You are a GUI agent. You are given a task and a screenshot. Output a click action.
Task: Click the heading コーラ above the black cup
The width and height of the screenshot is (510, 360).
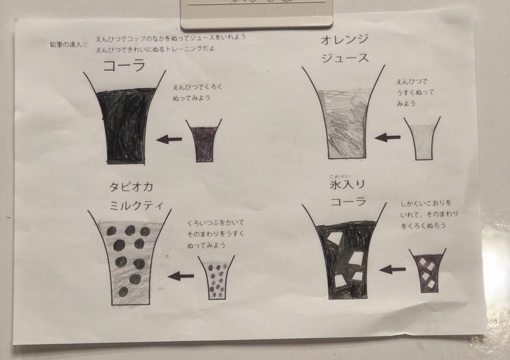[x=124, y=66]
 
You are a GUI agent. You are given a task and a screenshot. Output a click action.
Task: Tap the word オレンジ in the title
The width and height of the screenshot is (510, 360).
[x=345, y=40]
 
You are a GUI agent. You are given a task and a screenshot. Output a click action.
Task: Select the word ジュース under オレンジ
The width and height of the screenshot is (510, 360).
[x=345, y=58]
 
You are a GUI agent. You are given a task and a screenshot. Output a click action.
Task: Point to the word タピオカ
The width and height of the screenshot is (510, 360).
[x=131, y=187]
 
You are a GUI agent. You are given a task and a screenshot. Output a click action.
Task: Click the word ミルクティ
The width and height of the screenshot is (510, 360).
[x=136, y=206]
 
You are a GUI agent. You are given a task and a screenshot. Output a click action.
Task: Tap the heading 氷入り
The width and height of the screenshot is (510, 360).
[x=347, y=185]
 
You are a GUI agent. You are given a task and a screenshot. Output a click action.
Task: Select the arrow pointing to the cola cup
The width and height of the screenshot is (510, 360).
[x=169, y=139]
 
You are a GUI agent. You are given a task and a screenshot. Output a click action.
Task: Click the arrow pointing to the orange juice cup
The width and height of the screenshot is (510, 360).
[x=387, y=137]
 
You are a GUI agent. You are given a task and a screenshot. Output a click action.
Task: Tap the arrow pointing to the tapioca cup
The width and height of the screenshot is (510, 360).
[x=181, y=276]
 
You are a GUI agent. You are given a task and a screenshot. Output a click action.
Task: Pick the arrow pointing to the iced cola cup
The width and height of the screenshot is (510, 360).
[x=392, y=269]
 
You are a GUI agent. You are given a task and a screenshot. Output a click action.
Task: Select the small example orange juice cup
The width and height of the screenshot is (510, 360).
[x=422, y=138]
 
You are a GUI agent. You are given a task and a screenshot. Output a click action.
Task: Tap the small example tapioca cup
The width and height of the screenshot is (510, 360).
[x=216, y=277]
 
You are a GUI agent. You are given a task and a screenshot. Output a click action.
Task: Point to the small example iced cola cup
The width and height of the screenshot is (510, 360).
[x=427, y=270]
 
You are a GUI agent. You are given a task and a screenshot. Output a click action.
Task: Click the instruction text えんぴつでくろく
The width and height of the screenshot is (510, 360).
[x=197, y=87]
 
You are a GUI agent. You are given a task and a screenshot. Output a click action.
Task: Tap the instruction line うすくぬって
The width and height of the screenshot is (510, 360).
[x=415, y=93]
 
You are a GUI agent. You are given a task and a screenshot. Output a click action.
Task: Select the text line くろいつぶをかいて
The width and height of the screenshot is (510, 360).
[x=215, y=223]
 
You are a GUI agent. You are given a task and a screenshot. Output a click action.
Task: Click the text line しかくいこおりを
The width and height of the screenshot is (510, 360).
[x=426, y=204]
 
